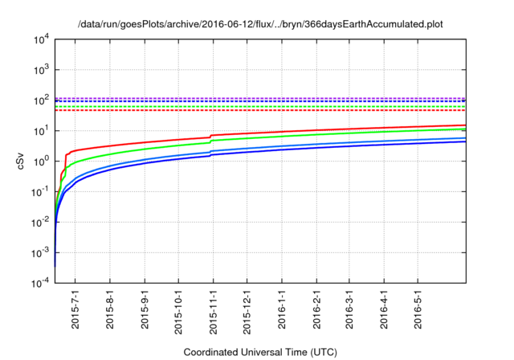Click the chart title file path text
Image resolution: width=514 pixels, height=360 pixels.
point(260,24)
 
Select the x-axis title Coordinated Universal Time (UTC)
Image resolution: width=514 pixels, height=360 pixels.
point(260,352)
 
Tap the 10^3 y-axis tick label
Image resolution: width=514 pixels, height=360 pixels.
point(40,70)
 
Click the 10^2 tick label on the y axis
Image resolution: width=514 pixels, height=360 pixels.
point(40,100)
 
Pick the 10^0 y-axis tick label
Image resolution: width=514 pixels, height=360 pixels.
point(40,162)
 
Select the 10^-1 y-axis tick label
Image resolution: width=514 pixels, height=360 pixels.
point(40,192)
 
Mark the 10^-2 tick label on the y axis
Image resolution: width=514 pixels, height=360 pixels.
point(40,223)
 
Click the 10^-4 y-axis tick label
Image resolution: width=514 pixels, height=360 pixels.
point(40,284)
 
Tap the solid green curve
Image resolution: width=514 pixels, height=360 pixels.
point(321,135)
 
